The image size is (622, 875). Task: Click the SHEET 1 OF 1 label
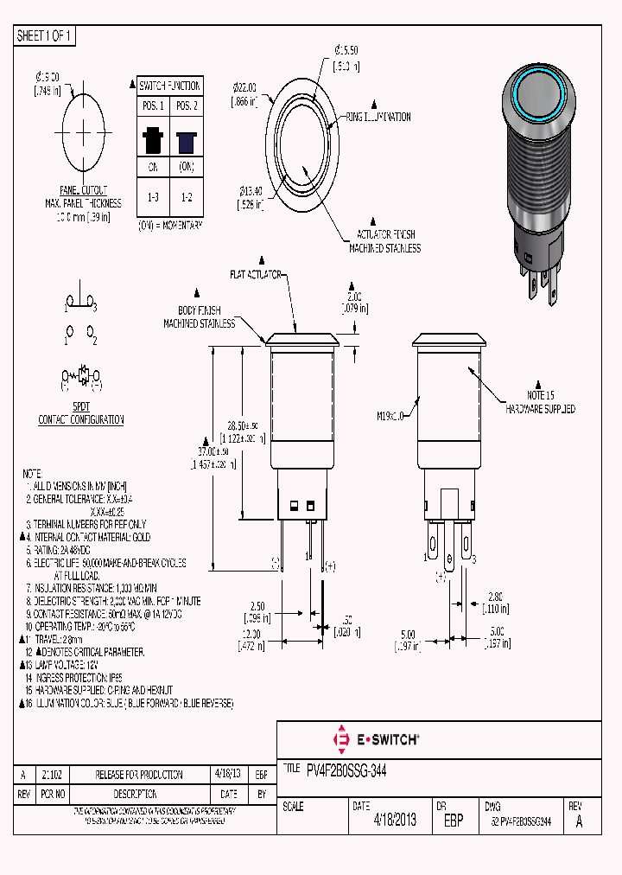click(x=45, y=35)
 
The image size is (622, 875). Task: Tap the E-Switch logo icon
click(x=340, y=739)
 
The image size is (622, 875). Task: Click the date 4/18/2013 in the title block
click(x=395, y=821)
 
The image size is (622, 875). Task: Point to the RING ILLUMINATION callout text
click(x=378, y=117)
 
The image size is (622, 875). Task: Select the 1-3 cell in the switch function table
click(x=153, y=197)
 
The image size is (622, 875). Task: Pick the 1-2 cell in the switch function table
click(x=186, y=197)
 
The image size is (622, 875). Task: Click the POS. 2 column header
click(x=186, y=105)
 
